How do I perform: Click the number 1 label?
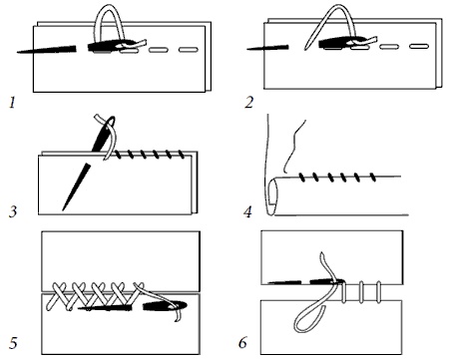[12, 103]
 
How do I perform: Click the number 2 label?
[249, 103]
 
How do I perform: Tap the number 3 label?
[13, 211]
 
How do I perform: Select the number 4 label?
[247, 211]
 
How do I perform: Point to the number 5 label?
[13, 343]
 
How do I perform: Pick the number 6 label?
[243, 343]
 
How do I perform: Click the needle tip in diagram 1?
[18, 52]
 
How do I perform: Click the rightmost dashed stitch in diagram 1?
[189, 50]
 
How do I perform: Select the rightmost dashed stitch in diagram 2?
[419, 46]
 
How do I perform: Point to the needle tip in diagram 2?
[247, 49]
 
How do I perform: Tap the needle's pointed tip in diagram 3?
[63, 209]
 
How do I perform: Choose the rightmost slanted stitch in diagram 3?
[182, 155]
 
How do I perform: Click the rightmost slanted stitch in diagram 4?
[373, 178]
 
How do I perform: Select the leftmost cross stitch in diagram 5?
[60, 296]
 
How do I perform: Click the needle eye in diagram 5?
[177, 305]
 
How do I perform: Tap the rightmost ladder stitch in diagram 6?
[378, 292]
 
